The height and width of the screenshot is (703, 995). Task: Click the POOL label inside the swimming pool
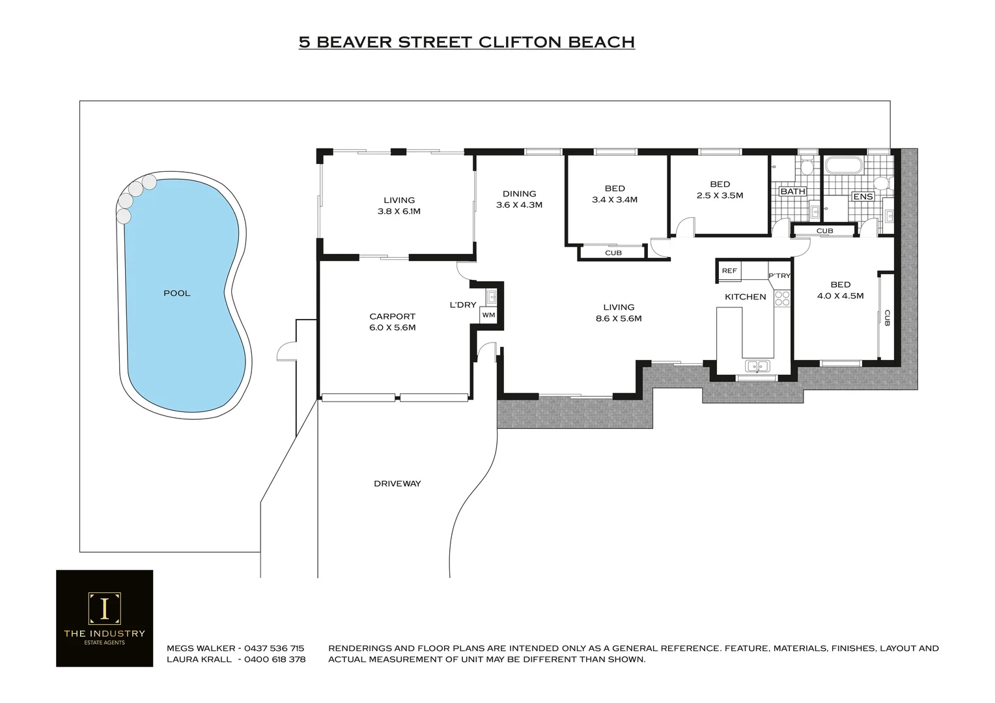coord(176,294)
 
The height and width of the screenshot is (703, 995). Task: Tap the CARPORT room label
coord(392,317)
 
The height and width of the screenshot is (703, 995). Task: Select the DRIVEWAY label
coord(397,484)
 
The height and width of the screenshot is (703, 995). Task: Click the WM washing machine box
coord(488,315)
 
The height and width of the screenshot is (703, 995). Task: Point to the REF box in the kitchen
coord(729,271)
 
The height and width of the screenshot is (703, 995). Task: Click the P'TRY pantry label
coord(779,276)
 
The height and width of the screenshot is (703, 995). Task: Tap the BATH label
coord(792,191)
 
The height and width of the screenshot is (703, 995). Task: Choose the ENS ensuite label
coord(863,197)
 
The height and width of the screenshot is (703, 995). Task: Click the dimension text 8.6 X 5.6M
coord(619,319)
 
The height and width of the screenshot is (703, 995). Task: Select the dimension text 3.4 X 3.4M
coord(614,200)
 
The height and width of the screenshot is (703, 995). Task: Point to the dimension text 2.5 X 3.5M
coord(720,195)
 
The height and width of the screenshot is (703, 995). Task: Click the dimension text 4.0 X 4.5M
coord(840,296)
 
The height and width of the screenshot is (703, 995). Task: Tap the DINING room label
coord(519,194)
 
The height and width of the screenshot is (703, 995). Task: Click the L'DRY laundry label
coord(463,305)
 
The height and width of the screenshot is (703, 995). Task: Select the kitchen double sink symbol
coord(757,366)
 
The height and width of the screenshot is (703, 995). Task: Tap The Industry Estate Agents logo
coord(104,618)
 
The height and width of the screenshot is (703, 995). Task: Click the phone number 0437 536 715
coord(274,648)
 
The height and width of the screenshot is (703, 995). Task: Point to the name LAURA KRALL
coord(199,659)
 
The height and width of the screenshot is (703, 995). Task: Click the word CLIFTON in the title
coord(520,42)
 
